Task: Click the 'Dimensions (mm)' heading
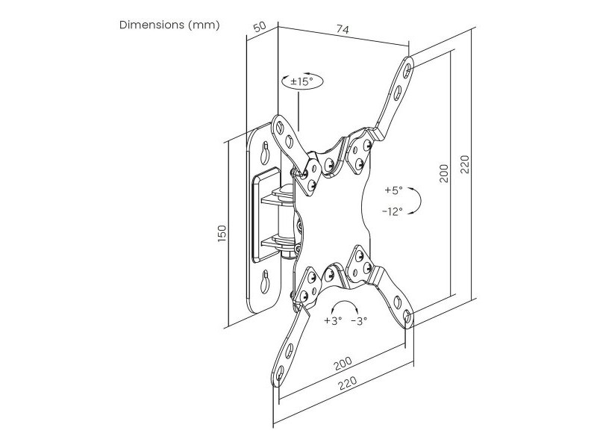(169, 25)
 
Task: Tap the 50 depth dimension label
(259, 28)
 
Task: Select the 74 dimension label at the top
(343, 29)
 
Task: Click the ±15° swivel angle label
(301, 81)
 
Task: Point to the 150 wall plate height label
(222, 233)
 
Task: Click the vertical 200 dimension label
(444, 173)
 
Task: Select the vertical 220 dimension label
(465, 164)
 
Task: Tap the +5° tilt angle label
(394, 190)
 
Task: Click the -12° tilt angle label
(393, 211)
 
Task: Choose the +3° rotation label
(333, 321)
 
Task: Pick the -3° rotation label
(359, 321)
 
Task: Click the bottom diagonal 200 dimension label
(343, 364)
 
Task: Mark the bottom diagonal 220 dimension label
(348, 383)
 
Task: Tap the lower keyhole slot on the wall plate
(264, 281)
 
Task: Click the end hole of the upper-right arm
(407, 69)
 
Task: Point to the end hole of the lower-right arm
(407, 317)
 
